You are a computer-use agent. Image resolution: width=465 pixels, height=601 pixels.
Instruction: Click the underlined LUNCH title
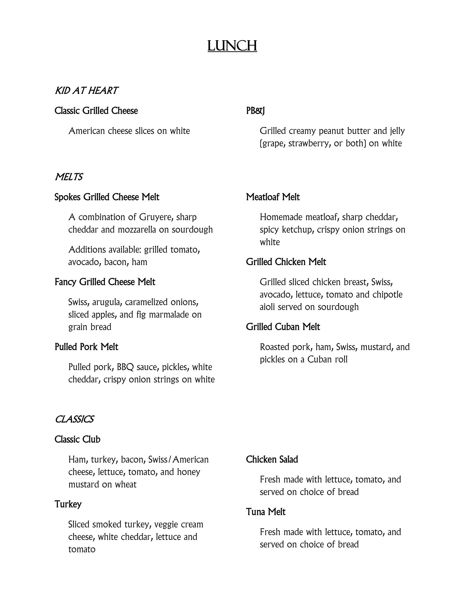(232, 46)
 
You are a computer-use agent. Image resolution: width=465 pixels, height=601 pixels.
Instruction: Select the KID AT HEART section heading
(86, 91)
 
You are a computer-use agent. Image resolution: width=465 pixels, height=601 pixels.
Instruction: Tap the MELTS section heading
(68, 177)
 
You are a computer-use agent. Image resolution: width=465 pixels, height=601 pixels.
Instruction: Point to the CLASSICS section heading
(74, 419)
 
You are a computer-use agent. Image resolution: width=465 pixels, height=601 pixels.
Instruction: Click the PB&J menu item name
(255, 111)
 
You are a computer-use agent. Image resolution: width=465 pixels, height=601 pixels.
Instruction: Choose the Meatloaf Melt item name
(273, 197)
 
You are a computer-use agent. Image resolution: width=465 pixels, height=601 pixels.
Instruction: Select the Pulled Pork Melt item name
(86, 347)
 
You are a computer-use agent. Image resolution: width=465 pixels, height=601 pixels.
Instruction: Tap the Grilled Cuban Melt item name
(283, 327)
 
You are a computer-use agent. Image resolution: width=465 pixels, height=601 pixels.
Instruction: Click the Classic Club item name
(77, 439)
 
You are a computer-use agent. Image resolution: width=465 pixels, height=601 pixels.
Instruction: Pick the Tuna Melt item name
(266, 512)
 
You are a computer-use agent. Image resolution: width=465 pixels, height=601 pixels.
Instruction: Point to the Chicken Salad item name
(272, 459)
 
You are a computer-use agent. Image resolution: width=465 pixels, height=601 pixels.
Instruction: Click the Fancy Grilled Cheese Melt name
(105, 282)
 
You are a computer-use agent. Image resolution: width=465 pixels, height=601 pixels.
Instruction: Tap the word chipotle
(387, 295)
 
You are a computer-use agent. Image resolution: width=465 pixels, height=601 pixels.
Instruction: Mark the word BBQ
(126, 367)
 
